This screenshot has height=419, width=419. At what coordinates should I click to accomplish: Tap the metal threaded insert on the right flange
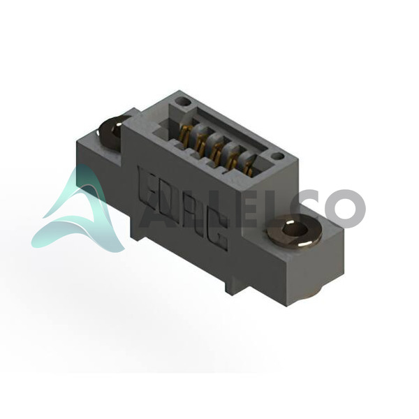point(294,230)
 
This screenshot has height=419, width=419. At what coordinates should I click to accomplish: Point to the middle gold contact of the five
point(216,152)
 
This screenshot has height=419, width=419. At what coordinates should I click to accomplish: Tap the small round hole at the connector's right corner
point(277,156)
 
